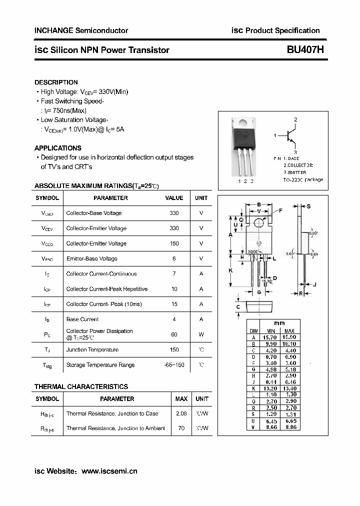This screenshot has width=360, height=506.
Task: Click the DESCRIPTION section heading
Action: pyautogui.click(x=56, y=82)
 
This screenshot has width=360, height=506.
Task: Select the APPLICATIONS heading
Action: pyautogui.click(x=57, y=148)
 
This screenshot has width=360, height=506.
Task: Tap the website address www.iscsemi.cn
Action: pyautogui.click(x=109, y=471)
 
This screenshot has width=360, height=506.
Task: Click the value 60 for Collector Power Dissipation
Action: pyautogui.click(x=174, y=334)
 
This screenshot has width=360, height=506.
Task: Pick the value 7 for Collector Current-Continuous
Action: pyautogui.click(x=174, y=273)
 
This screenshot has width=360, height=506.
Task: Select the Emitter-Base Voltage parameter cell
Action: pyautogui.click(x=91, y=258)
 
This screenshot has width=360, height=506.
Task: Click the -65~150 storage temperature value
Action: pyautogui.click(x=174, y=364)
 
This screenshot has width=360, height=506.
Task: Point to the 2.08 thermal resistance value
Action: pyautogui.click(x=181, y=413)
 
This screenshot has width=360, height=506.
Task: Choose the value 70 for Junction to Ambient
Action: pyautogui.click(x=181, y=428)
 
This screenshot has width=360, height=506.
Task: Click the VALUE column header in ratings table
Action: pyautogui.click(x=174, y=198)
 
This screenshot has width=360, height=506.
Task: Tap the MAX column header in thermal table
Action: pyautogui.click(x=181, y=399)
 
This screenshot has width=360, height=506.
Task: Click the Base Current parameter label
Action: pyautogui.click(x=82, y=319)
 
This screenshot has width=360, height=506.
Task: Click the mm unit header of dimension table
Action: pyautogui.click(x=279, y=323)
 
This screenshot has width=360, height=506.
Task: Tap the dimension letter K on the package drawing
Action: pyautogui.click(x=231, y=270)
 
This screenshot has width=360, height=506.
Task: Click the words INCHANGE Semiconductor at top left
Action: pyautogui.click(x=81, y=30)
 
